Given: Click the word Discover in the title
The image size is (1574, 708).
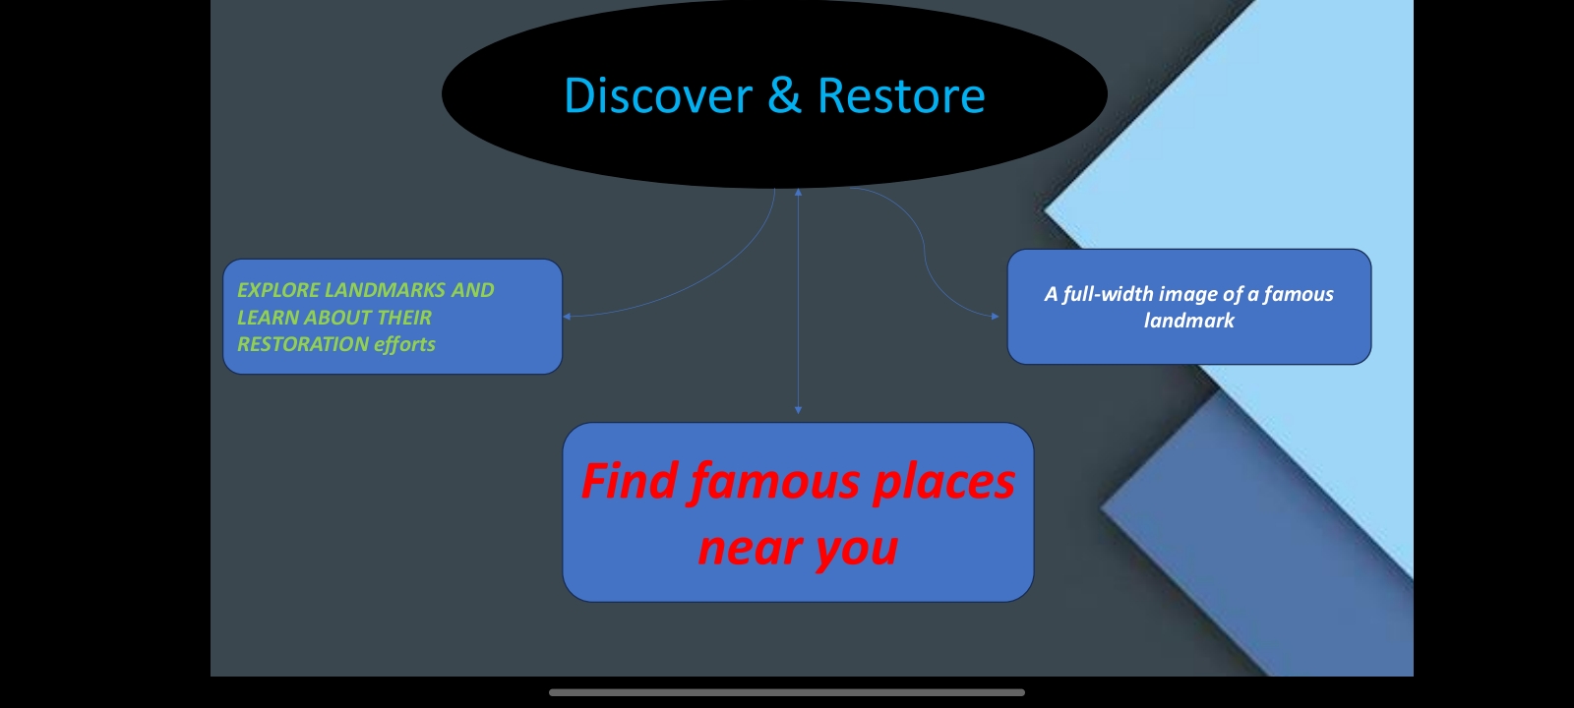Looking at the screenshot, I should click(657, 96).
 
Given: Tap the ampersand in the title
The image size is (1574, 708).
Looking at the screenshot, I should click(784, 95).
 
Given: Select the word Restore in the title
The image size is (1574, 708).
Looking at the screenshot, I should click(900, 96).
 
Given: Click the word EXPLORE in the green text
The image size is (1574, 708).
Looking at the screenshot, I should click(278, 290).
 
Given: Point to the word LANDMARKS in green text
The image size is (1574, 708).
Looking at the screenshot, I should click(385, 290).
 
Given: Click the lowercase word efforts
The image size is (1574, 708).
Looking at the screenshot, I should click(404, 344).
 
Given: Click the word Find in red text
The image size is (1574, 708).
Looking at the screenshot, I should click(630, 482).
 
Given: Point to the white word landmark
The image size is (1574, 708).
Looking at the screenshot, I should click(1188, 321).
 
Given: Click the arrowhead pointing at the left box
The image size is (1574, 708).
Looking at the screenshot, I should click(567, 317).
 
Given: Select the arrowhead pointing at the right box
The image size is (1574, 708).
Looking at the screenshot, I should click(996, 317).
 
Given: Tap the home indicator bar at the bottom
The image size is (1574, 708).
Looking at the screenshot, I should click(787, 692).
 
